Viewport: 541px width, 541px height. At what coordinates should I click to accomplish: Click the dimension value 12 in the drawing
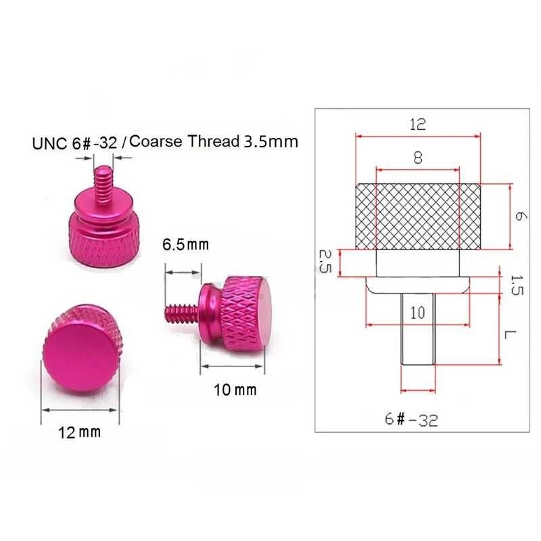pos(417,125)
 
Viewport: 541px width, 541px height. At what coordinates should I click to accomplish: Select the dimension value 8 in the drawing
pos(417,158)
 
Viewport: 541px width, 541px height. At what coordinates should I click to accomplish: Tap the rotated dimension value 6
pos(519,216)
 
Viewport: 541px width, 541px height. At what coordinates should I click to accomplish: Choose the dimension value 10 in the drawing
pos(417,313)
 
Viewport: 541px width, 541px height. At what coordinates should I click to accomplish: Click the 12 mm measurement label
pos(80,431)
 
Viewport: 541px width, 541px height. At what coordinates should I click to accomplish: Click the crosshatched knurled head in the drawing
pos(417,216)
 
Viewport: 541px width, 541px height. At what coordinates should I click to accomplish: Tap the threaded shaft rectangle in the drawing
pos(417,331)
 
